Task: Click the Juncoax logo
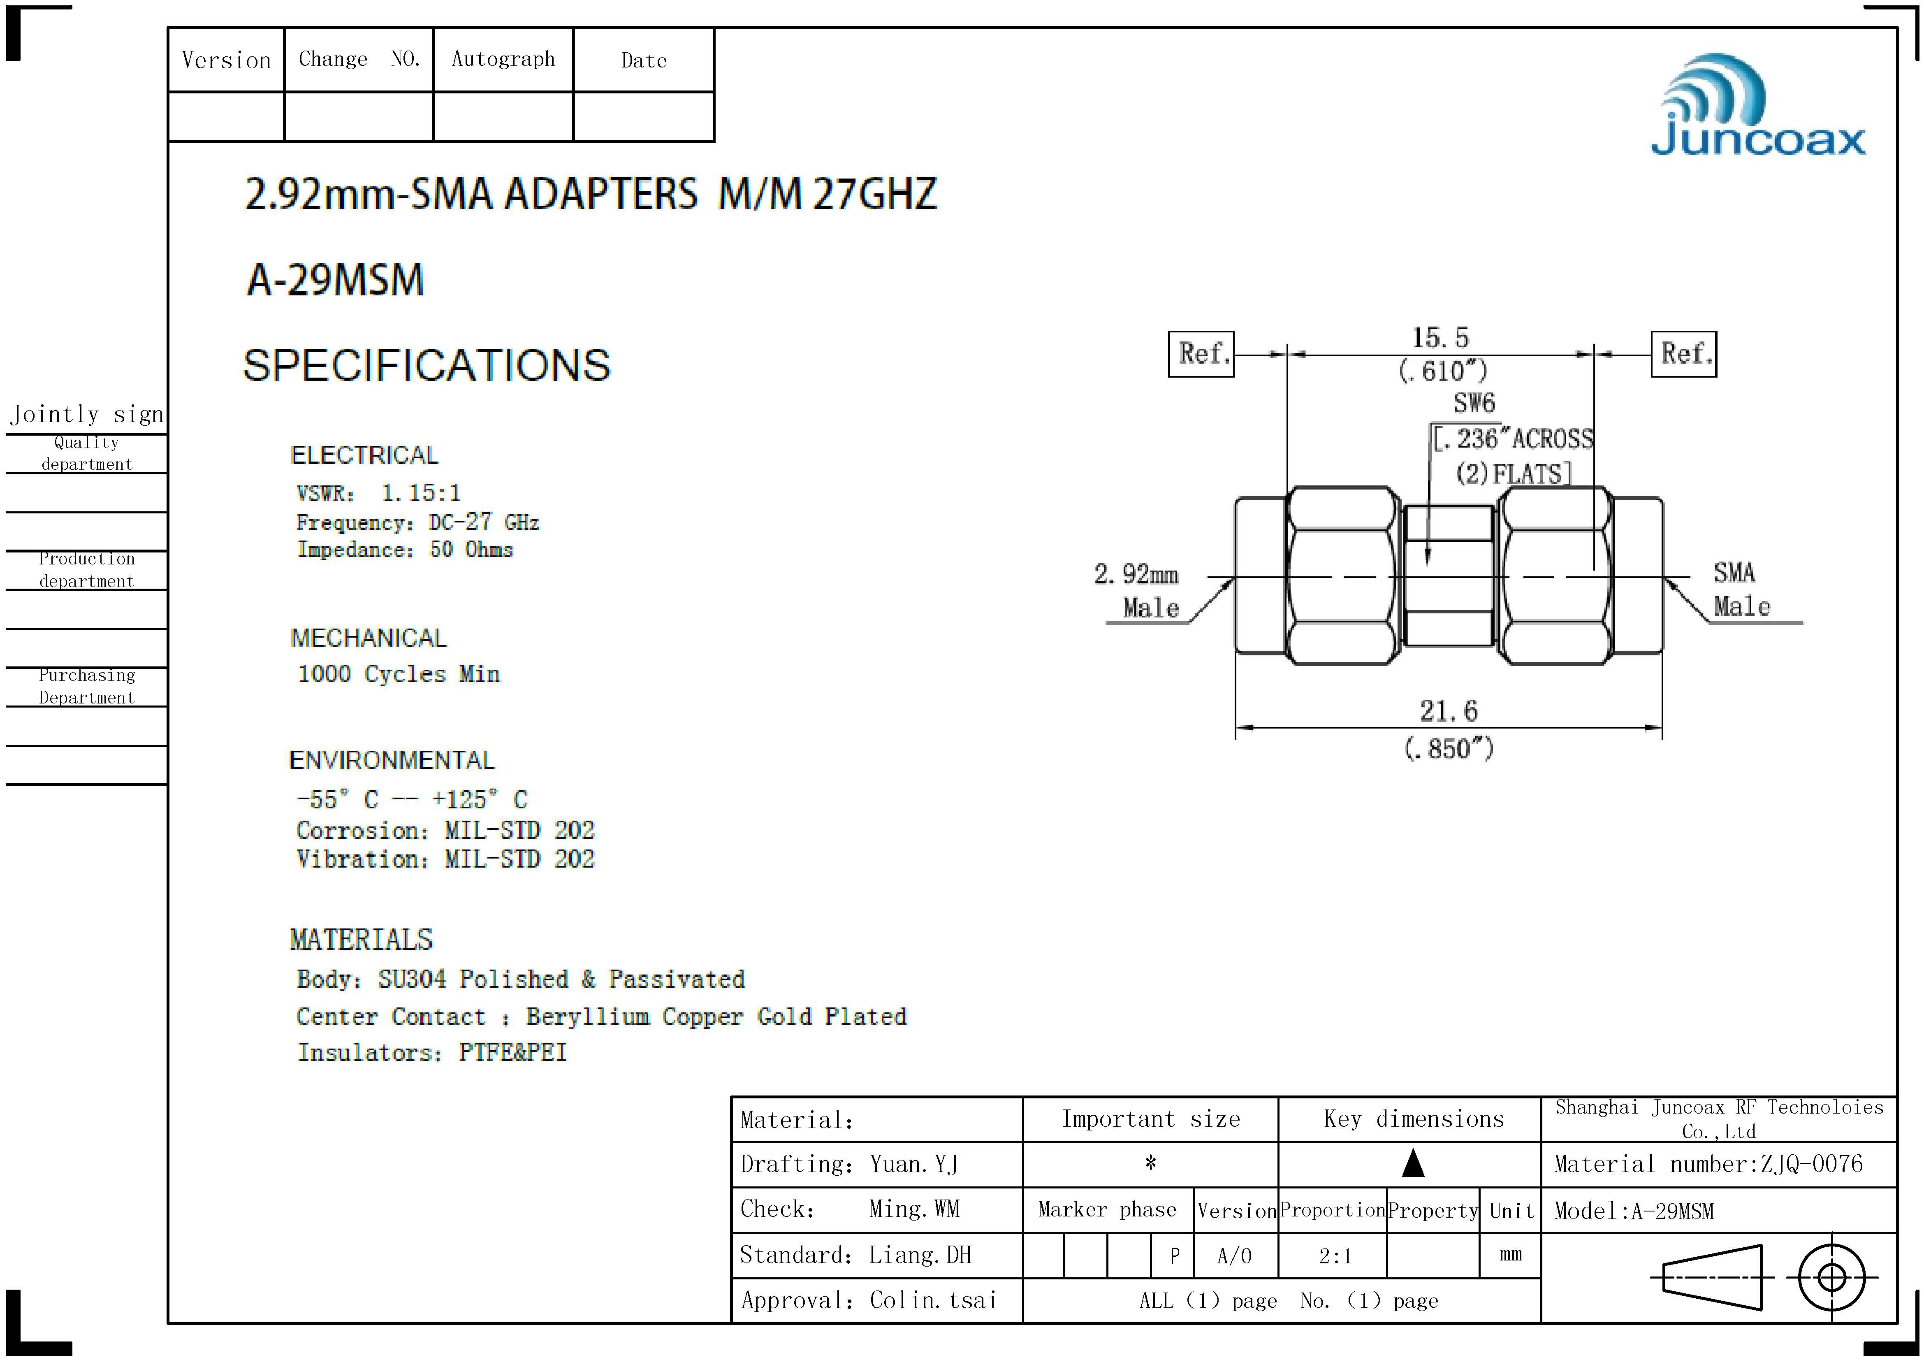(1758, 106)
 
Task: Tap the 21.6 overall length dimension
(1448, 711)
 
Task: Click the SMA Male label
(1741, 589)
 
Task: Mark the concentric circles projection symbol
(1832, 1278)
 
